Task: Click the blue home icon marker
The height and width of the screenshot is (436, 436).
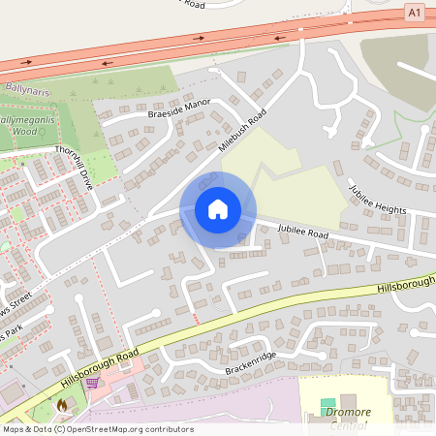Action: pos(218,209)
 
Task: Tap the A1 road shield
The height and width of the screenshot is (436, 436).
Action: pos(415,12)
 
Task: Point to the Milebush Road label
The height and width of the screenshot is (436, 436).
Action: pos(241,135)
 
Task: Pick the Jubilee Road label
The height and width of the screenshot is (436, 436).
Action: pos(303,233)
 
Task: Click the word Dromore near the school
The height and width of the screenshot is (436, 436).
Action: pos(349,412)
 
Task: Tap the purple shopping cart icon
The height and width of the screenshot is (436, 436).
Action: pos(92,383)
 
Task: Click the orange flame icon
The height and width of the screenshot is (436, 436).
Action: pos(64,405)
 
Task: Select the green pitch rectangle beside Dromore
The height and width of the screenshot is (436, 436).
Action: pos(327,403)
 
